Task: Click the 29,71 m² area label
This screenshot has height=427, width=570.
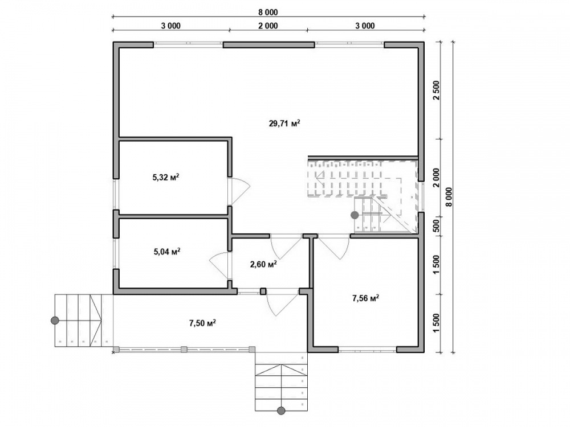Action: (284, 123)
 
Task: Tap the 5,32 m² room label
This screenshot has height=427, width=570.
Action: (165, 177)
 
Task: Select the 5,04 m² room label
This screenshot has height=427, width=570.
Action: (167, 251)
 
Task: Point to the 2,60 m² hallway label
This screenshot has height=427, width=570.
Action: (263, 264)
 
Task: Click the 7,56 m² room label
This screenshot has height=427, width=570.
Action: (366, 298)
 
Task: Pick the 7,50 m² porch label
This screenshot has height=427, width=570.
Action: (202, 323)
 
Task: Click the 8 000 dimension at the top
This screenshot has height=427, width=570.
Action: (268, 13)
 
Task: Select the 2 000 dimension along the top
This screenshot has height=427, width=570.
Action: (268, 26)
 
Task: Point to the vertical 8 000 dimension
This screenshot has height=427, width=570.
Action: (449, 197)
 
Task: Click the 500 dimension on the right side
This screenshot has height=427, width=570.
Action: (436, 226)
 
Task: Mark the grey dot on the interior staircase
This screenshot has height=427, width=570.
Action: (355, 215)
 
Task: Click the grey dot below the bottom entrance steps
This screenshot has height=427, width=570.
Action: (280, 410)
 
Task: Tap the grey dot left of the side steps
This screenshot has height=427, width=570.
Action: (55, 320)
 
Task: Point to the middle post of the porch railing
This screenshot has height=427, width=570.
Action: (184, 350)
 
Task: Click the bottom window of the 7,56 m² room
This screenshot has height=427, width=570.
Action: (367, 350)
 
